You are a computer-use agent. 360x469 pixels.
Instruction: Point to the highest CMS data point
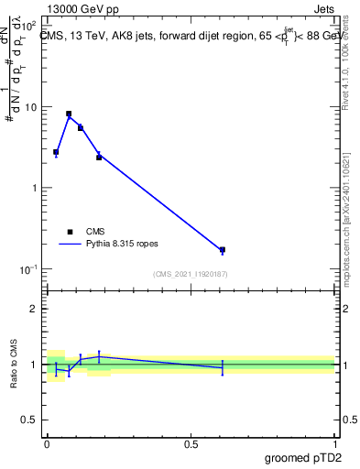(69, 114)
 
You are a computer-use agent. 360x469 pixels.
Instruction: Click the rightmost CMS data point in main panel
(223, 249)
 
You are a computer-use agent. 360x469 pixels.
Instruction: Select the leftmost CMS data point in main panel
(56, 152)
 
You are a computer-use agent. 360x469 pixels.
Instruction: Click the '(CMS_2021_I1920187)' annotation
(190, 274)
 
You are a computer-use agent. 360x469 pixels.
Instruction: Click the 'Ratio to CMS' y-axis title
(16, 364)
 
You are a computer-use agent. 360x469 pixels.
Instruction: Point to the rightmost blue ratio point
(223, 367)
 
